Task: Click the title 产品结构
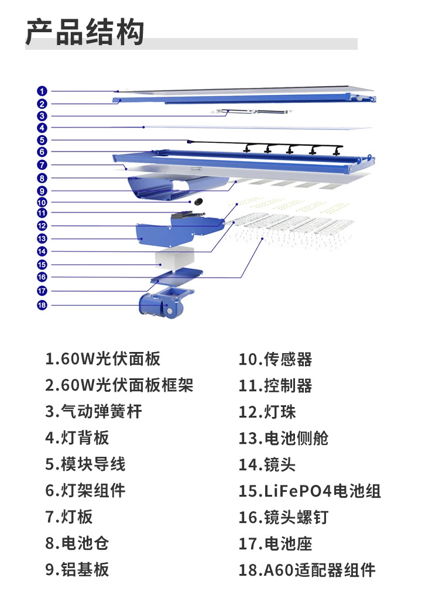coord(85,32)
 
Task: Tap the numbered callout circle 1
coord(42,91)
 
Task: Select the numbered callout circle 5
coord(42,140)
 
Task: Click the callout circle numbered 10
coord(42,202)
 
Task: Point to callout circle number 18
coord(42,305)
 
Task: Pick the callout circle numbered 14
coord(42,251)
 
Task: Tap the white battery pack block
coord(174,258)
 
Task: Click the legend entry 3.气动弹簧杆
coord(94,412)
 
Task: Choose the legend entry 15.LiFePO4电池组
coord(310,491)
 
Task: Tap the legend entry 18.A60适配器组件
coord(307,570)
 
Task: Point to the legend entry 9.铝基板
coord(77,570)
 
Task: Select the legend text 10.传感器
coord(276,360)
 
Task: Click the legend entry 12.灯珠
coord(267,412)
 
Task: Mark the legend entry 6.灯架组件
coord(85,491)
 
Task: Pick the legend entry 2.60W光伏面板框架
coord(119,385)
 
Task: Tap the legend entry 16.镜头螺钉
coord(283,517)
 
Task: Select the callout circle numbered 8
coord(42,178)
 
